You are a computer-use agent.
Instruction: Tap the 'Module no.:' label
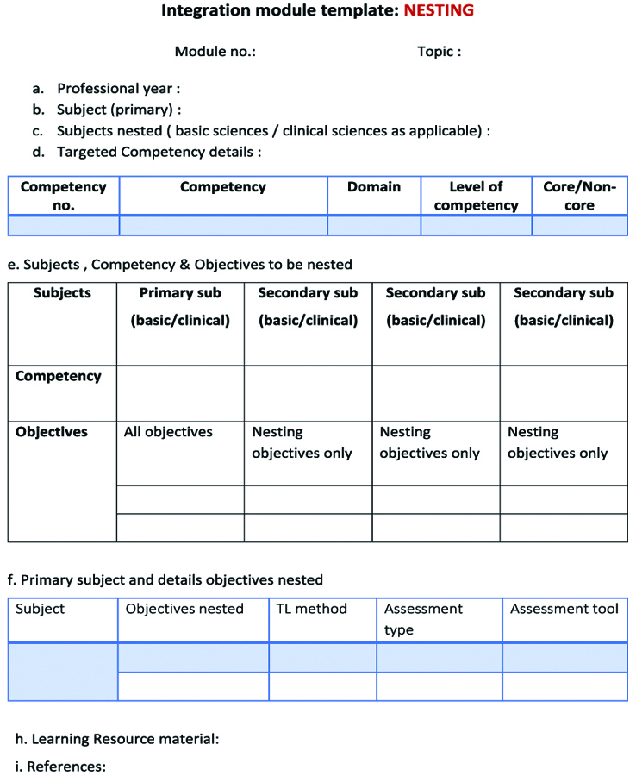[215, 52]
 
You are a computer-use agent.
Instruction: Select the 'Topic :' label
[439, 52]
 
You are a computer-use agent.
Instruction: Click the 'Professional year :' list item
[118, 89]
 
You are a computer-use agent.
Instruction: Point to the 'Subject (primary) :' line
[119, 110]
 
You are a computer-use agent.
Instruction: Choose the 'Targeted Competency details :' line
[159, 152]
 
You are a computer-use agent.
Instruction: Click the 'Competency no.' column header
[64, 196]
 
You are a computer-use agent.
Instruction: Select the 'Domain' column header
[374, 187]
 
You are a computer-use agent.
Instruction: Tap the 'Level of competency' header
[476, 196]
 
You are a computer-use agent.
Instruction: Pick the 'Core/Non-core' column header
[579, 196]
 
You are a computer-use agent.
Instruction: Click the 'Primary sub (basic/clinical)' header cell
[180, 307]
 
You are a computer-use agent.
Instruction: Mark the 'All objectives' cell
[168, 432]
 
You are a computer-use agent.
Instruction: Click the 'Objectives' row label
[52, 432]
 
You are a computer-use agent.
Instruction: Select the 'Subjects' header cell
[62, 293]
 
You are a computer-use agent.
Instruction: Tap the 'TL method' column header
[311, 609]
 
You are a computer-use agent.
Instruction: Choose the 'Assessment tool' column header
[564, 609]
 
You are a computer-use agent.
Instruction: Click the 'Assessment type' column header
[423, 619]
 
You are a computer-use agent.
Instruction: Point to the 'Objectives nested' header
[184, 609]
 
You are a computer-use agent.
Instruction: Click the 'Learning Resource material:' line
[125, 739]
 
